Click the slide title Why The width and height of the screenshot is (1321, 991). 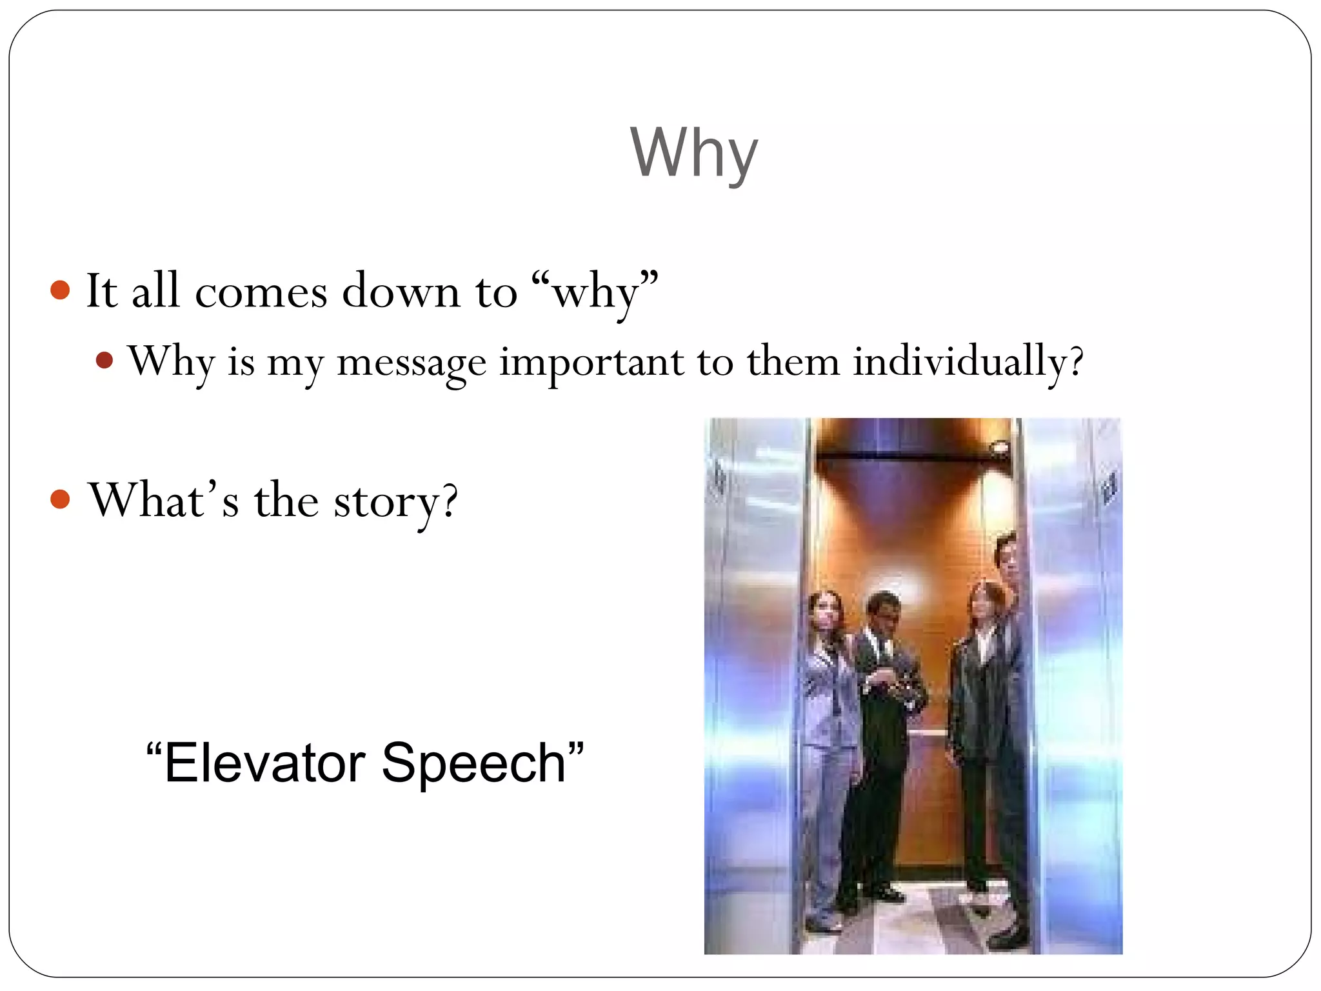tap(693, 154)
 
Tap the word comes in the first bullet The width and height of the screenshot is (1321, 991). tap(261, 292)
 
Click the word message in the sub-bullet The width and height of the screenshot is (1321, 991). tap(411, 362)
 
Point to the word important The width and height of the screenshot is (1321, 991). tap(591, 362)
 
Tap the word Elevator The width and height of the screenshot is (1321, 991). tap(265, 763)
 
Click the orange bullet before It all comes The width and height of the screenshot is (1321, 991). tap(60, 290)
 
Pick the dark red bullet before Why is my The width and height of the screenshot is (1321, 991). tap(104, 359)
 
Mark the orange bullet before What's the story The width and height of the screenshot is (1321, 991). tap(60, 499)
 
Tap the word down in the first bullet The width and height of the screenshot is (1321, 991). tap(401, 292)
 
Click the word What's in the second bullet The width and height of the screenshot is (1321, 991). tap(164, 500)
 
